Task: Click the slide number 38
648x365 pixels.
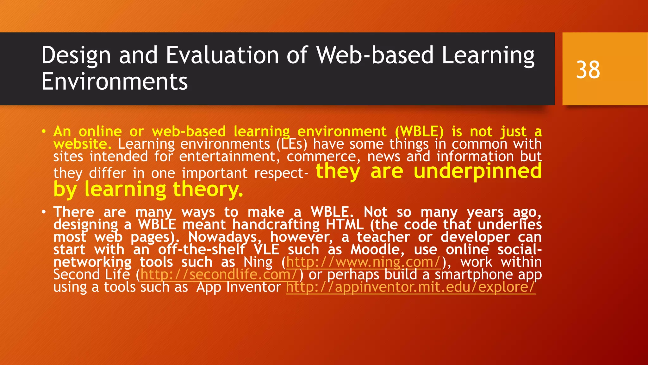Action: pos(588,70)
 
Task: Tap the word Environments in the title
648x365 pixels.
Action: pos(115,81)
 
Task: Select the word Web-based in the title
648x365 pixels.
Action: pos(375,55)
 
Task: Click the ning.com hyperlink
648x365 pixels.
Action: pos(364,262)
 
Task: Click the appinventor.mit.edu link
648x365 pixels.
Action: pos(410,287)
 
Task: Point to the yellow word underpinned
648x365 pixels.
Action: pos(477,171)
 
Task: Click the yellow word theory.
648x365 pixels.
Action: pos(208,189)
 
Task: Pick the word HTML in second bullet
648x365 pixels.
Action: pos(345,225)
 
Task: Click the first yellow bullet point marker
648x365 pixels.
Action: pos(44,131)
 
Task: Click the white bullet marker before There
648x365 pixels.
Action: pos(44,212)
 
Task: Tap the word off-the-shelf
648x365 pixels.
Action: pos(202,250)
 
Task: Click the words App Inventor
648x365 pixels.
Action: pos(238,287)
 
